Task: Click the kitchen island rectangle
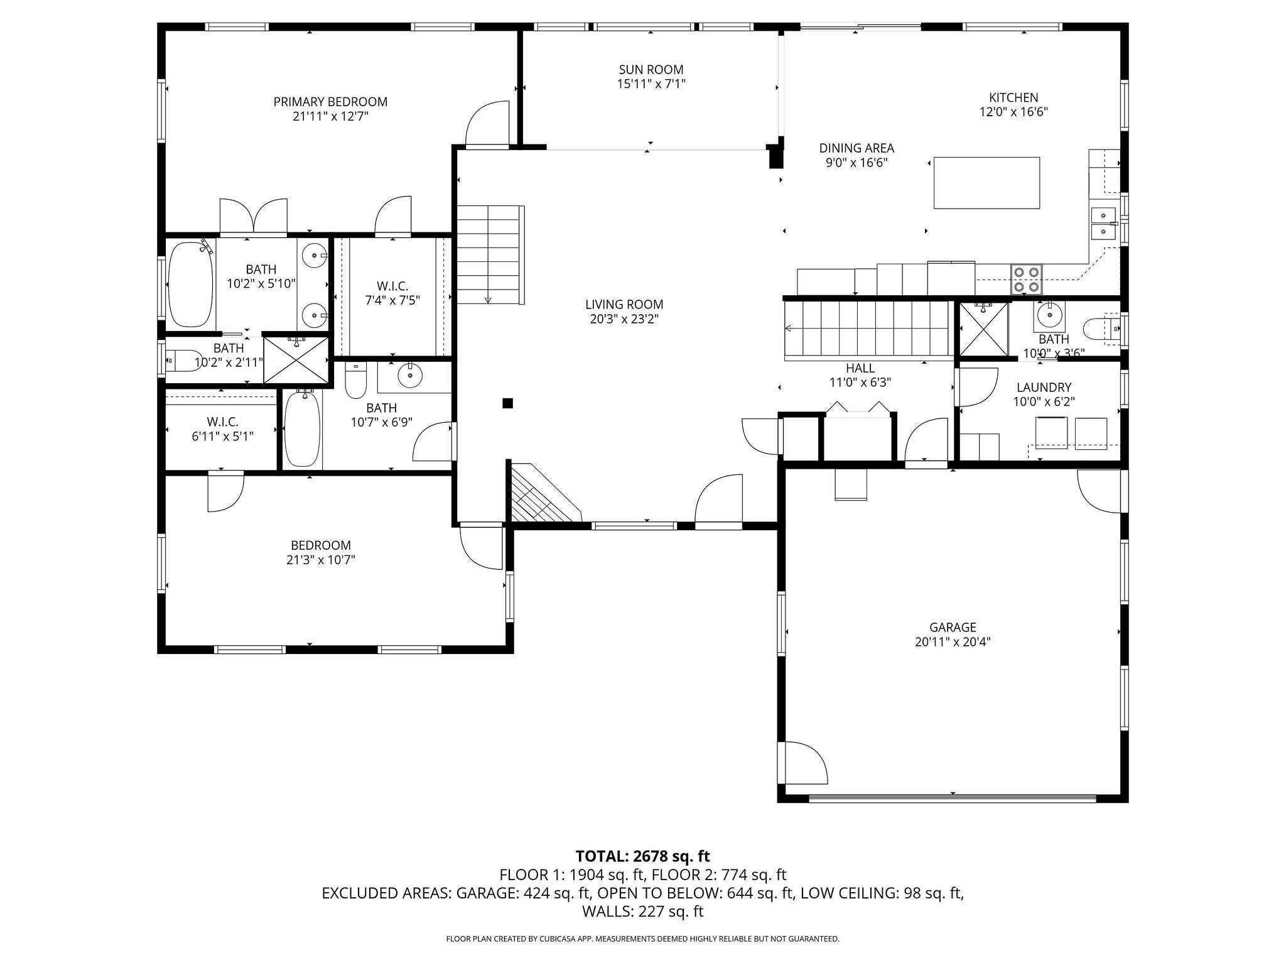coord(986,183)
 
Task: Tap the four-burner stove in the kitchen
coord(1026,280)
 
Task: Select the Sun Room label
coord(651,70)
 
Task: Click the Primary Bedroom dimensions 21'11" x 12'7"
coord(330,116)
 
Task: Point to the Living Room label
coord(624,305)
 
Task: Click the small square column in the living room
coord(507,403)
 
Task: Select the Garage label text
coord(953,627)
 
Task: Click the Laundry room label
coord(1044,388)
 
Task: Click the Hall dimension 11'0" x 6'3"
coord(860,382)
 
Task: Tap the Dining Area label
coord(856,148)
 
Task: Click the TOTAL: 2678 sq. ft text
coord(642,856)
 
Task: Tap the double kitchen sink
coord(1103,224)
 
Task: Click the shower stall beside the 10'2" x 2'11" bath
coord(296,359)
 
